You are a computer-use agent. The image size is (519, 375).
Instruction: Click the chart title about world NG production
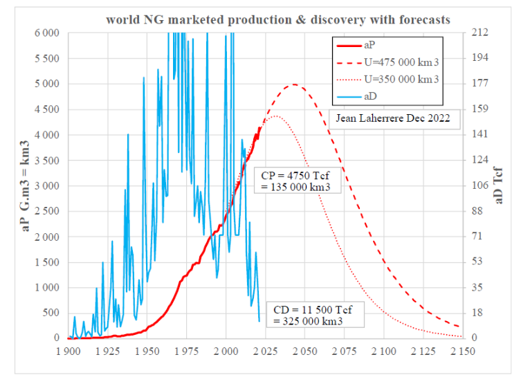click(x=278, y=19)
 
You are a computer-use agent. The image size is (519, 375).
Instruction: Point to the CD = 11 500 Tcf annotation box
click(x=305, y=315)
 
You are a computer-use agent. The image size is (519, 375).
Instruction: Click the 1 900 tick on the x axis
click(x=69, y=351)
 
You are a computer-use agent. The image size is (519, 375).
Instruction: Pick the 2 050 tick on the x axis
click(x=304, y=351)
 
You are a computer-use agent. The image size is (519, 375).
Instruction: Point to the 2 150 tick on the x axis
click(x=462, y=351)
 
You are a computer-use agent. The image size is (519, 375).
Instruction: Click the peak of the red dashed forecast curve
click(x=294, y=84)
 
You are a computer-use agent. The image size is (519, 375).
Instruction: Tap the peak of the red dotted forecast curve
click(x=275, y=116)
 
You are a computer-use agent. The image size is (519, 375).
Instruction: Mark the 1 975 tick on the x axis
click(x=186, y=351)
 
